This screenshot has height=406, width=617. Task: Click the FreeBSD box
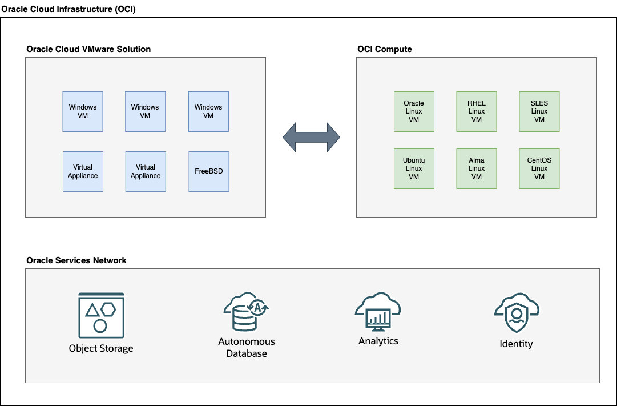(x=208, y=171)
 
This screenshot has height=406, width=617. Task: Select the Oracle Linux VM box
(x=414, y=111)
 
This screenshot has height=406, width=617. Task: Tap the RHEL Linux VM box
(x=477, y=111)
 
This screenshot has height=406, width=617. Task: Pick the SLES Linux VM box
(x=539, y=111)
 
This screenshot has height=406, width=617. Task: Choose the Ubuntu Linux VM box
(x=414, y=168)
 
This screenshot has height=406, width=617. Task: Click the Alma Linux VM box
(x=477, y=168)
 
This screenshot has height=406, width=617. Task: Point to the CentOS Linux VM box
(x=539, y=168)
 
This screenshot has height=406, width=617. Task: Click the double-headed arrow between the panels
(x=312, y=138)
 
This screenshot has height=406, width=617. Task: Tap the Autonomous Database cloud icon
(x=246, y=313)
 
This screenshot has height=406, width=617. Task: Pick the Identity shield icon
(x=516, y=315)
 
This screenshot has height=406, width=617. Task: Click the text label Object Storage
(x=101, y=348)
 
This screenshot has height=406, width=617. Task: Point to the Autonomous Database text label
(x=247, y=348)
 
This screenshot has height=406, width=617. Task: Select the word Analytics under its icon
(x=378, y=341)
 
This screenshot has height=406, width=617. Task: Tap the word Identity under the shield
(x=516, y=344)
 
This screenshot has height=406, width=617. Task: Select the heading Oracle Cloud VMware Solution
(x=88, y=49)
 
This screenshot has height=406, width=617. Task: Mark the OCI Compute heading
(x=384, y=49)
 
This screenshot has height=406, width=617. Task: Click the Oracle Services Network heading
(x=76, y=260)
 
